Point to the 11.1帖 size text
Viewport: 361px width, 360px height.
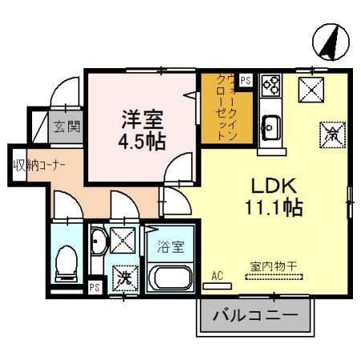coord(274,208)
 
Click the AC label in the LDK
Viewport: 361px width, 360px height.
coord(216,275)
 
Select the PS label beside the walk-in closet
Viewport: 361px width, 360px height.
coord(245,81)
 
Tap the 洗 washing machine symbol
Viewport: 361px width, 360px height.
coord(124,278)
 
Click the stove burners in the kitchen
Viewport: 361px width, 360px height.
coord(270,83)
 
